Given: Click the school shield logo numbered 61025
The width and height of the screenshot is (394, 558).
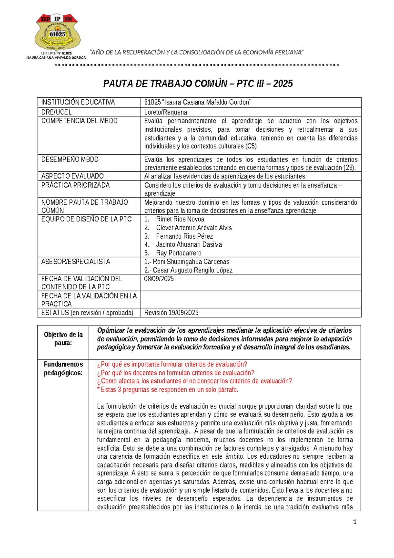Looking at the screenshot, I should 57,32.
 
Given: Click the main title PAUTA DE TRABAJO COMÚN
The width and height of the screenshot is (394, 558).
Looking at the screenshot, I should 198,84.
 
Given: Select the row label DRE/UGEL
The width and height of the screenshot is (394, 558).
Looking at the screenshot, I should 56,112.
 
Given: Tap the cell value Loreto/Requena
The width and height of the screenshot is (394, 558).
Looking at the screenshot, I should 165,112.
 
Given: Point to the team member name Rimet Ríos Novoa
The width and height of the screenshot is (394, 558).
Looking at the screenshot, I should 180,219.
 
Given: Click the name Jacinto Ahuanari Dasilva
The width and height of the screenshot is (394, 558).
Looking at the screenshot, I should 189,244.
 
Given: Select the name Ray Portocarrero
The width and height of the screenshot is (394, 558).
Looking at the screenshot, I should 179,253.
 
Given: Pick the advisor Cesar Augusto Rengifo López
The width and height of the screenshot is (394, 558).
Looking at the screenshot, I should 188,270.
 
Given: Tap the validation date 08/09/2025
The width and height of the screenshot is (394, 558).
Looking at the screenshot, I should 159,279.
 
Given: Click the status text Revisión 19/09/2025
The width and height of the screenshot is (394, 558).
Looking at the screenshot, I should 171,313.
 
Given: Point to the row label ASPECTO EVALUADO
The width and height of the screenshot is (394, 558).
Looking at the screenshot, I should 72,176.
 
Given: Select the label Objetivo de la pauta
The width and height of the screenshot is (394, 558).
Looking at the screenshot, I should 63,339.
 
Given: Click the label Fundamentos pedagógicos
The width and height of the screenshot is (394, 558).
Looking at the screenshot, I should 63,368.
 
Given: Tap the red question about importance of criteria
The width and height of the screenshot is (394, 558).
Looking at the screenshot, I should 172,364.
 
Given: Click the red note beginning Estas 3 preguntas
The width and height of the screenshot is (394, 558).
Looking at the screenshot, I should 167,390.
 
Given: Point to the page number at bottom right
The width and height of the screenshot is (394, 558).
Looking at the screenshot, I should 355,521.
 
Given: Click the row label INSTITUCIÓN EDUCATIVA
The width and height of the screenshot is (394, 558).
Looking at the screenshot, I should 78,102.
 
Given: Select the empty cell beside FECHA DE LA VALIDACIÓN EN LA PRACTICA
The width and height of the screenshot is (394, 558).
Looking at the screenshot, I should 251,299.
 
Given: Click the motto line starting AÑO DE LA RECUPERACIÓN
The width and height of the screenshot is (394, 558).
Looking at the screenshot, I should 197,52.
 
